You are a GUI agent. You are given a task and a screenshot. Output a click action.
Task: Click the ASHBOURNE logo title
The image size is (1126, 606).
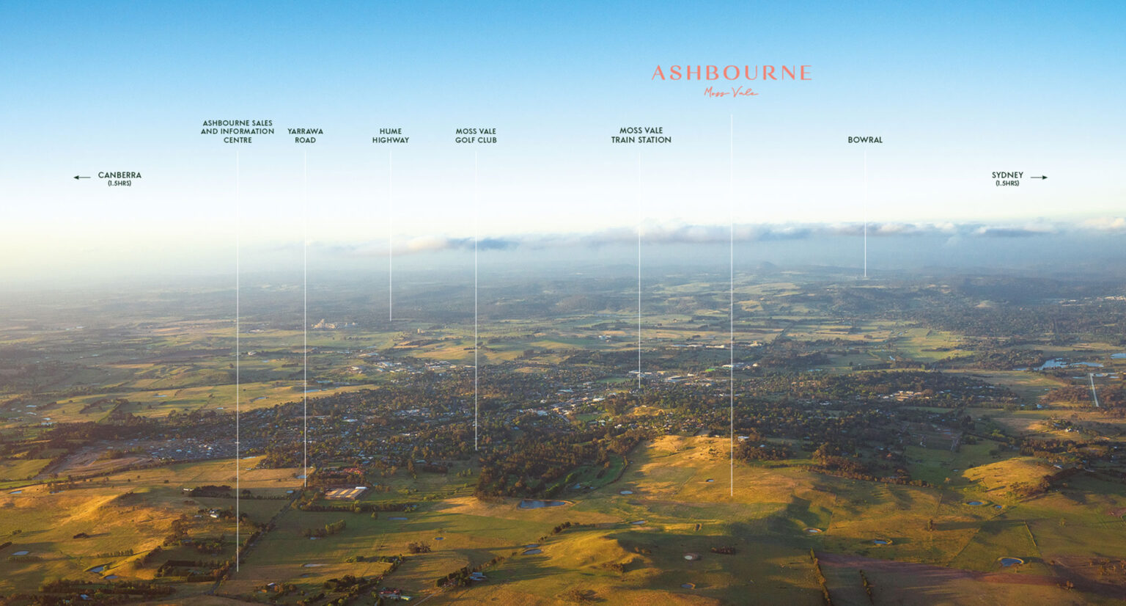731,73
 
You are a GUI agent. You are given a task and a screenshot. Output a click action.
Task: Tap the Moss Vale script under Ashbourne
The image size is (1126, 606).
730,92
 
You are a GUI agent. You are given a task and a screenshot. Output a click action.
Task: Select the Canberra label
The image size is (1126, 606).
119,175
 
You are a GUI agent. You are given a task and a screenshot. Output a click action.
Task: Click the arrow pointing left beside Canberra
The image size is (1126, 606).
81,177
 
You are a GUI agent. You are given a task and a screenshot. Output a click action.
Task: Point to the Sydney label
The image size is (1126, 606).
1007,175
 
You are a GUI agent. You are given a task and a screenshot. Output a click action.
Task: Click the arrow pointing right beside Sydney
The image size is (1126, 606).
1039,177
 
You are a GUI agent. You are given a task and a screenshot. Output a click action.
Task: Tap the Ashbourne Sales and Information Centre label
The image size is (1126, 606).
238,131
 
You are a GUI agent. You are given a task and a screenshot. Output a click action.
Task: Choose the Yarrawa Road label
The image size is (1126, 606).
305,136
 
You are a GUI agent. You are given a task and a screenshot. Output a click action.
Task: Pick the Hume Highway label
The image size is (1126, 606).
390,136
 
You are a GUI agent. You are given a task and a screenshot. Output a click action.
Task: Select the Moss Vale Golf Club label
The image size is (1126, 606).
476,136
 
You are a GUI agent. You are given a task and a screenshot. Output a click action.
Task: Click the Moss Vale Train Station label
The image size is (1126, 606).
641,135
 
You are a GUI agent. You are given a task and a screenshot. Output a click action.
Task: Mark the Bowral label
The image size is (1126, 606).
865,139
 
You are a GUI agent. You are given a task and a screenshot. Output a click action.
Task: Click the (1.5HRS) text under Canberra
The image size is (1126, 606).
119,183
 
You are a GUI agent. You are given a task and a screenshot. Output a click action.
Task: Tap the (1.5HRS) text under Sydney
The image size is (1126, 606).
1007,183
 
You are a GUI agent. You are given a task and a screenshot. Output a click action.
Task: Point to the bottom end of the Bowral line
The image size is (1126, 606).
864,276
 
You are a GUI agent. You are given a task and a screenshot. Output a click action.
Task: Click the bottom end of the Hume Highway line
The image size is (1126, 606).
390,320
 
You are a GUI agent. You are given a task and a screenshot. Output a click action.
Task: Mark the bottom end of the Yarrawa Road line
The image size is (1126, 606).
305,486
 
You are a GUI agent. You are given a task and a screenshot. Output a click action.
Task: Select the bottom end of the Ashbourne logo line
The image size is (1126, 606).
731,494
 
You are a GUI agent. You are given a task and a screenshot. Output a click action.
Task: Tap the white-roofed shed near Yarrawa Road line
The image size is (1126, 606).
346,492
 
